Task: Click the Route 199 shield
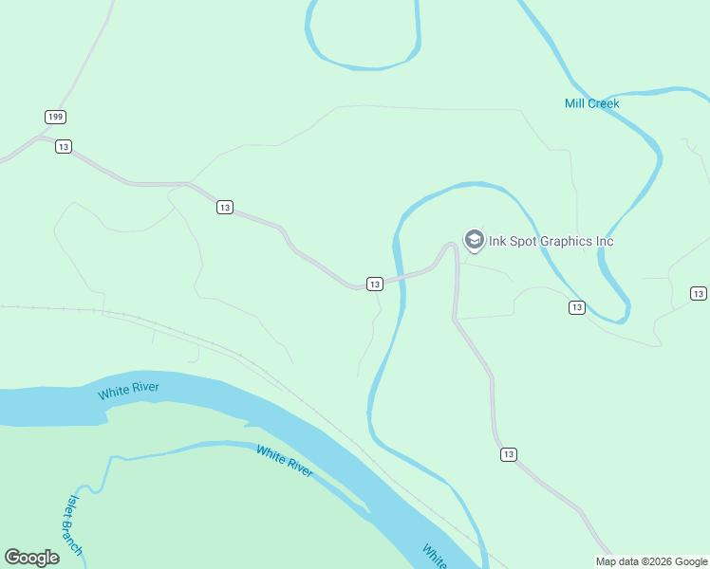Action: [54, 117]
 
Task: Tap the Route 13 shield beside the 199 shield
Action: [64, 146]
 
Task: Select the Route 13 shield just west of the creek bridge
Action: [374, 284]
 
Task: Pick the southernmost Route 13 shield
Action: [509, 455]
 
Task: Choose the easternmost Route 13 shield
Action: [699, 294]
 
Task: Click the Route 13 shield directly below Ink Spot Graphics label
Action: [577, 307]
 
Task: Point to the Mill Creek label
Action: [591, 102]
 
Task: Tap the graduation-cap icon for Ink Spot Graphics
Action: [473, 240]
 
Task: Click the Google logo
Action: [31, 558]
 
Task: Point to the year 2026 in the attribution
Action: [657, 561]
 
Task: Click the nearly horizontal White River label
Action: [128, 390]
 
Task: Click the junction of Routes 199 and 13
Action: [40, 138]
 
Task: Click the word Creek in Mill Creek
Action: [604, 102]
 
